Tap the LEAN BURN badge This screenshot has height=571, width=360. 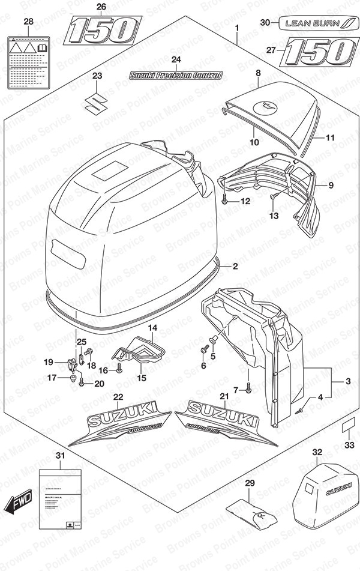click(x=314, y=23)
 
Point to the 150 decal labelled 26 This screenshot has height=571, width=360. click(x=103, y=29)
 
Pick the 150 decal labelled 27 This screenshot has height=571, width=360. click(x=317, y=50)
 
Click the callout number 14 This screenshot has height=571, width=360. click(x=152, y=328)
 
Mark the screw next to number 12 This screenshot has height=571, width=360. click(x=224, y=201)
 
